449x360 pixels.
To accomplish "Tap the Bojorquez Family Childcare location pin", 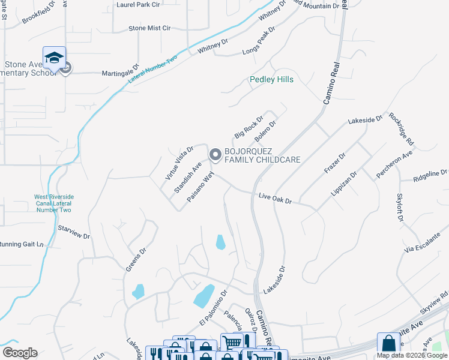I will [x=215, y=155].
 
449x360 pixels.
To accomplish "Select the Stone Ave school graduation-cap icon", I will [x=54, y=58].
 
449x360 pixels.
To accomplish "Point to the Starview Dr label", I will [x=73, y=232].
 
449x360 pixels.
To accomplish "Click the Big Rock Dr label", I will [x=249, y=127].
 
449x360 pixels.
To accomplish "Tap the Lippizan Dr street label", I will [x=344, y=184].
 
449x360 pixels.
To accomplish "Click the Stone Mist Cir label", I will [x=149, y=28].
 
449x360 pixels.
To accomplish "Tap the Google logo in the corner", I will [x=20, y=353].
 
